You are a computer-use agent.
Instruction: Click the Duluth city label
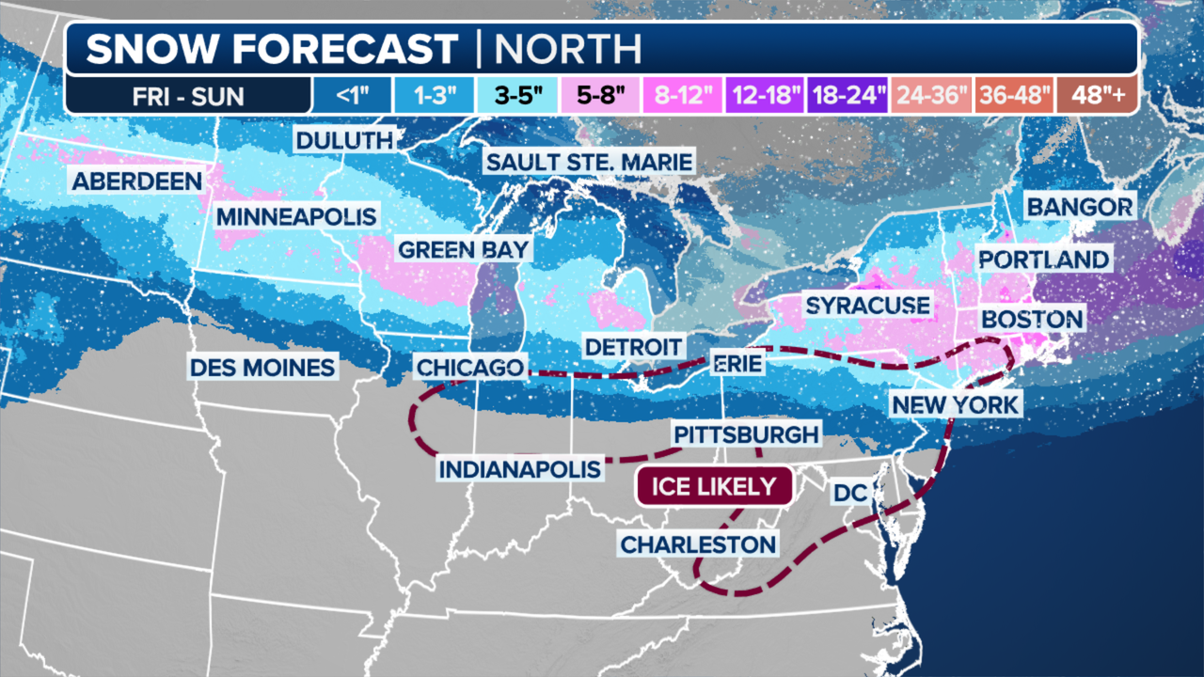(x=343, y=141)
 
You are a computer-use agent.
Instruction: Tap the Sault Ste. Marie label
(x=589, y=162)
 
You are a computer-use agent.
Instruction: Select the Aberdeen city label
(x=137, y=181)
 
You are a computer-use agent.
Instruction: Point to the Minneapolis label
(x=296, y=216)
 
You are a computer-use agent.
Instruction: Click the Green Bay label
(x=464, y=249)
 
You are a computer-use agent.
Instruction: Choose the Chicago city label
(x=469, y=367)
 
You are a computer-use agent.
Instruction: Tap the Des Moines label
(x=262, y=367)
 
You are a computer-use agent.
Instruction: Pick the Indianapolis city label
(x=520, y=468)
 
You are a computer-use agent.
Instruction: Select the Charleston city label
(x=699, y=543)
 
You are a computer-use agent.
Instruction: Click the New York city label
(x=955, y=405)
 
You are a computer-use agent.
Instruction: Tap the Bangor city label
(x=1080, y=207)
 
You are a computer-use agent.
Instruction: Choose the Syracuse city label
(x=867, y=306)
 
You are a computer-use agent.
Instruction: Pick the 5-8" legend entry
(x=601, y=95)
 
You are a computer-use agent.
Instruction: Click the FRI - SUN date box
(x=188, y=95)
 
